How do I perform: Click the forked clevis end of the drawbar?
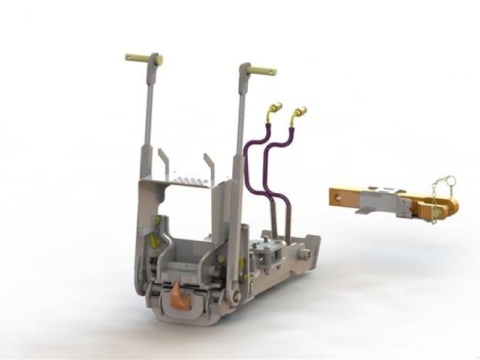tap(445, 206)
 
